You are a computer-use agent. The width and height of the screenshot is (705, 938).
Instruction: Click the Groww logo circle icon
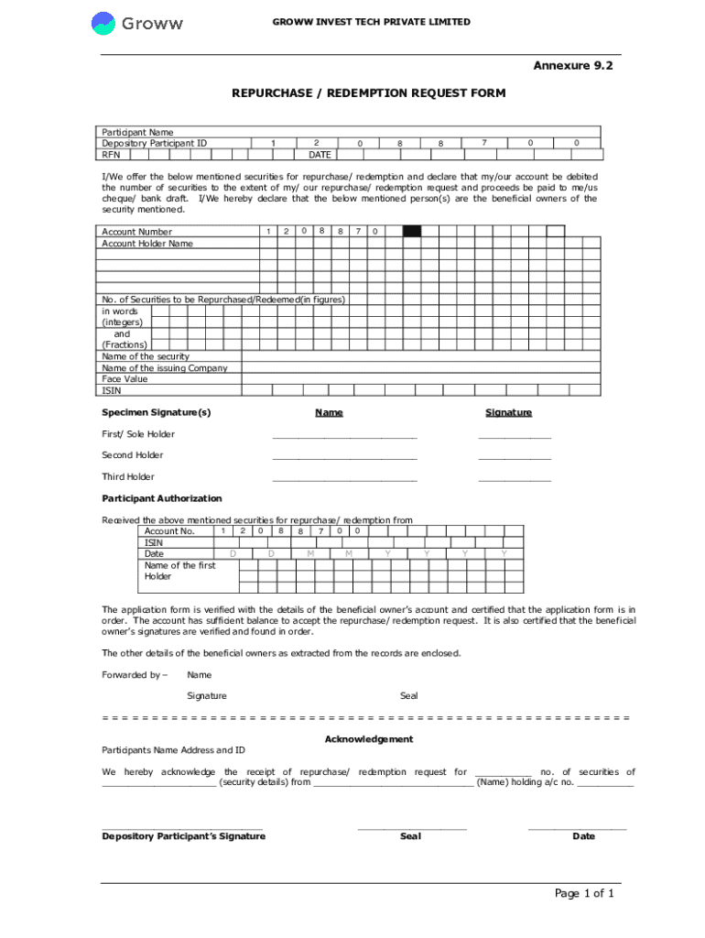103,24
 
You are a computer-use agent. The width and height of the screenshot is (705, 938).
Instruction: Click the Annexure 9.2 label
572,66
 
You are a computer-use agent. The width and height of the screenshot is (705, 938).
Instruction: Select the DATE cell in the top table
319,155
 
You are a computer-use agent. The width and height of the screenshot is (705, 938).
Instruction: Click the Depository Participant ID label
154,143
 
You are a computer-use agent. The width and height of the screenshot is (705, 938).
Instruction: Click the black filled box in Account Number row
412,232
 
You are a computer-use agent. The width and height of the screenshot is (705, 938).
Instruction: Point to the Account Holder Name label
147,244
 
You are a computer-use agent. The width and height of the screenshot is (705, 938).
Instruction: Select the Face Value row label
125,378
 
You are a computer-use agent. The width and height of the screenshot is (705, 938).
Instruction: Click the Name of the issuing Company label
165,367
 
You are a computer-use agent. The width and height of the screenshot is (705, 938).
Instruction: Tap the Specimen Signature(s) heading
156,412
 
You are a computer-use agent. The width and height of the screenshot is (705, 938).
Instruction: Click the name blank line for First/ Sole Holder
344,437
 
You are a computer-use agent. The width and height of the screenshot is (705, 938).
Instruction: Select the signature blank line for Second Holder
515,458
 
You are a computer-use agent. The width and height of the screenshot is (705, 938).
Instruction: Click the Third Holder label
127,476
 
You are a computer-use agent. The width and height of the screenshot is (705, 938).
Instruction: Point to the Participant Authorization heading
161,498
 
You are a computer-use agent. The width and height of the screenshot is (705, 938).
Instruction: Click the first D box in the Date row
233,554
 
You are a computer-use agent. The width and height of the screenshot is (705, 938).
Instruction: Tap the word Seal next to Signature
408,696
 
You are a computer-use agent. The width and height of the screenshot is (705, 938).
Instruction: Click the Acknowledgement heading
369,739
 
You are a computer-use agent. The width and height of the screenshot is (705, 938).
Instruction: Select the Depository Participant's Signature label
183,836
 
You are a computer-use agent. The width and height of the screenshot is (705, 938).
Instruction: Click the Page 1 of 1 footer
584,894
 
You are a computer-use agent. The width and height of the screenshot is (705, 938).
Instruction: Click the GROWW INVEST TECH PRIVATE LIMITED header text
371,22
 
